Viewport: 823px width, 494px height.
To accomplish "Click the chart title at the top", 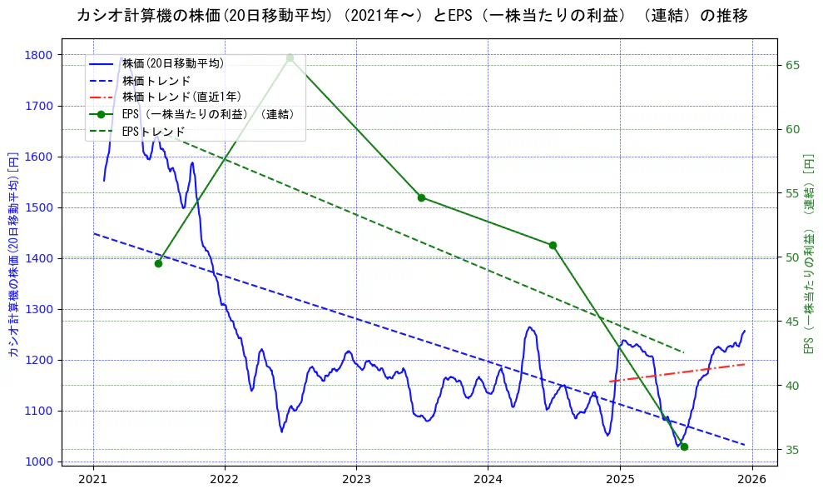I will click(x=411, y=16).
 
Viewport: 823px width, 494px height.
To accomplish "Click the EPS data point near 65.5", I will click(x=290, y=58).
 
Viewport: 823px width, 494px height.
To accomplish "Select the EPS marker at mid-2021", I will click(x=158, y=263).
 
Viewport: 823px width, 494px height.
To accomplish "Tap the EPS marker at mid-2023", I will click(x=421, y=197).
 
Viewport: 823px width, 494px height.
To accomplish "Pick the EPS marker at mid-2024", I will click(x=553, y=245).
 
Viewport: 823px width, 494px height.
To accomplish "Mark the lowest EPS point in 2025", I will click(x=684, y=447).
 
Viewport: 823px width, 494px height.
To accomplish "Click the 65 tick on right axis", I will click(x=793, y=65).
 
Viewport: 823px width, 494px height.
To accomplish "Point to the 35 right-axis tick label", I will click(x=793, y=450).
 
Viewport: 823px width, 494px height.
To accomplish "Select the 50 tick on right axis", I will click(x=793, y=257).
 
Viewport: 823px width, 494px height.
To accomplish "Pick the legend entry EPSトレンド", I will click(x=153, y=132).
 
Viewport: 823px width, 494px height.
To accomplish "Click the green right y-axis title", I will click(x=809, y=254).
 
